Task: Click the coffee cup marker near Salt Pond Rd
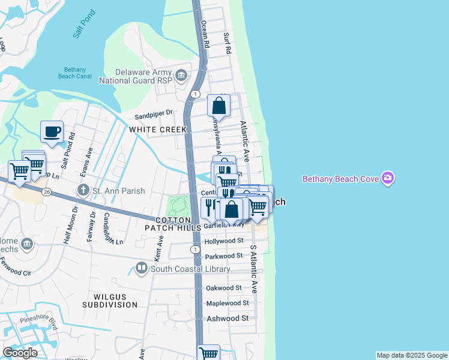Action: pyautogui.click(x=52, y=131)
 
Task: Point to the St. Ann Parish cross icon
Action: pyautogui.click(x=85, y=191)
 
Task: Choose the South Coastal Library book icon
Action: pyautogui.click(x=142, y=268)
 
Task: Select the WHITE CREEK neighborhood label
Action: pyautogui.click(x=153, y=130)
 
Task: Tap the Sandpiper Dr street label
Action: pyautogui.click(x=154, y=112)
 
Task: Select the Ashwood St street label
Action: pyautogui.click(x=228, y=318)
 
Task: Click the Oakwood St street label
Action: pyautogui.click(x=223, y=287)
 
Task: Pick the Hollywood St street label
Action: pyautogui.click(x=224, y=241)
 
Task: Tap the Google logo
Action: pyautogui.click(x=20, y=352)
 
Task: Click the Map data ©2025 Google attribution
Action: pyautogui.click(x=412, y=355)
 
